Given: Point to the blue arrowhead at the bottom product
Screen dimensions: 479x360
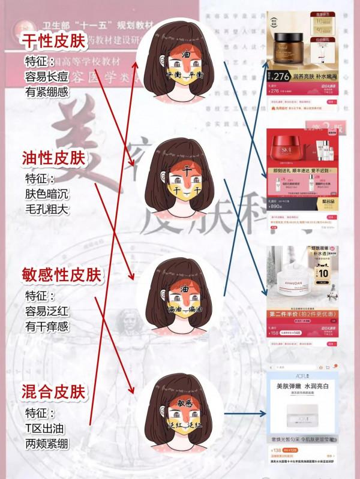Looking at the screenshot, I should pos(264,413).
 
